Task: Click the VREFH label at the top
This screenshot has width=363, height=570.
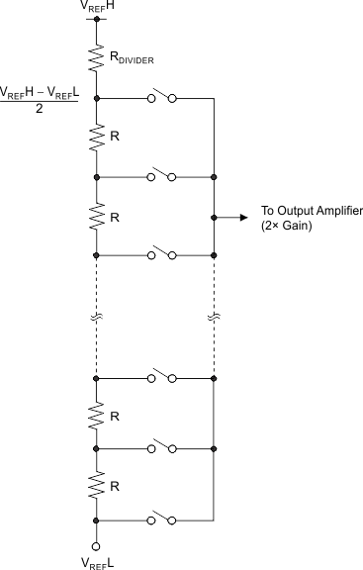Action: [x=96, y=8]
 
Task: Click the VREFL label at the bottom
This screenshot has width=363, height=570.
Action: [x=96, y=561]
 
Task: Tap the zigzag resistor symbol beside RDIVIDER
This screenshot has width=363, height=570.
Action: [x=96, y=58]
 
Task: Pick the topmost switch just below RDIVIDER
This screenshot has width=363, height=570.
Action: [x=162, y=98]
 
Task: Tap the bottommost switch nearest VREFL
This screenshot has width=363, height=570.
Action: [x=162, y=519]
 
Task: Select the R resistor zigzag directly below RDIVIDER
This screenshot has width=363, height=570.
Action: [x=96, y=138]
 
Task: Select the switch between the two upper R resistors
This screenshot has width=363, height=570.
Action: [x=162, y=177]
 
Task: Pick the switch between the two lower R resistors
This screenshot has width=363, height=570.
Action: [x=162, y=448]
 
